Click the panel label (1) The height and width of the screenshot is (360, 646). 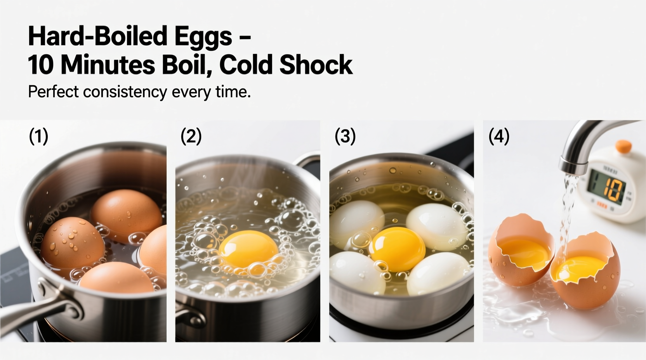pyautogui.click(x=38, y=137)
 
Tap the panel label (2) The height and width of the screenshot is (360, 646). pyautogui.click(x=191, y=137)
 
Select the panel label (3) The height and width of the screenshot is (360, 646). pyautogui.click(x=345, y=137)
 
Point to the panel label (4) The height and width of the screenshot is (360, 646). pyautogui.click(x=498, y=137)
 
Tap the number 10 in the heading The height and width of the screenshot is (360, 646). pyautogui.click(x=41, y=65)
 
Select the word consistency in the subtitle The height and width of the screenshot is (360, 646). pyautogui.click(x=125, y=92)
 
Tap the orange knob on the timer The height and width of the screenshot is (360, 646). pyautogui.click(x=623, y=146)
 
